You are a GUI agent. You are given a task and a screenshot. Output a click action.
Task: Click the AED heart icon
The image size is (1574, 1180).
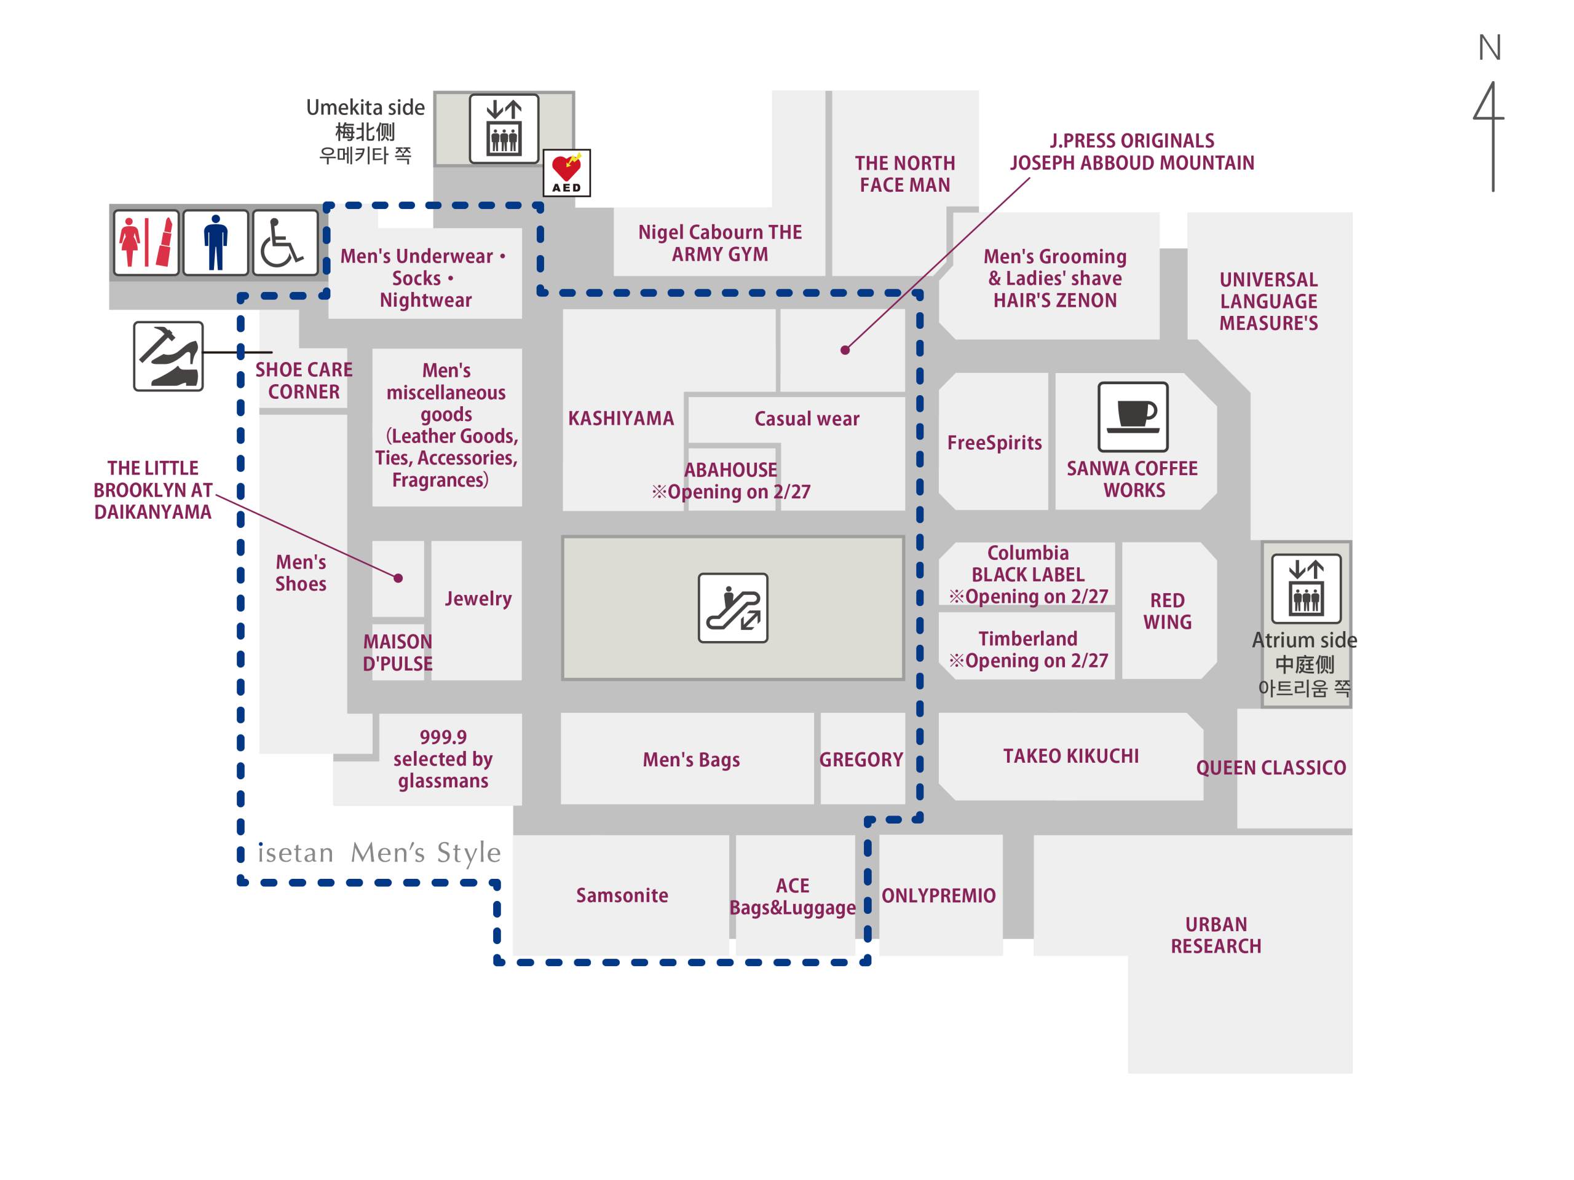click(x=566, y=173)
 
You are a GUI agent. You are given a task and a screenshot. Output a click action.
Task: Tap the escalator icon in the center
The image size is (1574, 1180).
click(x=733, y=608)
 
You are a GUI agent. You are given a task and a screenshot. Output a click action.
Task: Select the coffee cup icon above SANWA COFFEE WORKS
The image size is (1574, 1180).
click(x=1133, y=417)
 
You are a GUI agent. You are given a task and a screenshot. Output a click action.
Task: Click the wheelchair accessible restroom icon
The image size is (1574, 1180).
click(x=285, y=243)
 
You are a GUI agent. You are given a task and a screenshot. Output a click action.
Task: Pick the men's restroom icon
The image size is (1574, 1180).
click(x=216, y=243)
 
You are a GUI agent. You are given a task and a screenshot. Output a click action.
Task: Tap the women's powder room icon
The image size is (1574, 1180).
click(x=146, y=243)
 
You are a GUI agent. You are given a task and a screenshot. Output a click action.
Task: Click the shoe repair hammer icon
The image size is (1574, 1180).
click(x=168, y=356)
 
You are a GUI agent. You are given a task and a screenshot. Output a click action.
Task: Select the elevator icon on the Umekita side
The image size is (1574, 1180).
click(x=504, y=128)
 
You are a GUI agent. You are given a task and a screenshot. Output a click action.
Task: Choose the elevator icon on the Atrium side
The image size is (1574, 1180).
click(x=1306, y=589)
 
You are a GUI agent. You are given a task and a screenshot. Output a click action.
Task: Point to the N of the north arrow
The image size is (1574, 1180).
click(x=1489, y=49)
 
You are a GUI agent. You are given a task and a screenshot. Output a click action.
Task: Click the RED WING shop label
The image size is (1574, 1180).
click(x=1167, y=611)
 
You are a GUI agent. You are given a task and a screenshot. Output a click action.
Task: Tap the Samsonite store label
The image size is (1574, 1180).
click(x=622, y=895)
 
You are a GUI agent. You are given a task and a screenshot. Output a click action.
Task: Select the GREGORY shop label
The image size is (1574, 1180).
click(x=861, y=760)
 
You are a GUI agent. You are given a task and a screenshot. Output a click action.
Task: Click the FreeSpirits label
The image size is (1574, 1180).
click(x=994, y=442)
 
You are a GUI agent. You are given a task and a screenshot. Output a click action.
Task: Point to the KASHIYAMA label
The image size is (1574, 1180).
click(x=620, y=419)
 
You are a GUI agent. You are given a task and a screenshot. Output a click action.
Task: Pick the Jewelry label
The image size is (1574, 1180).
click(x=478, y=598)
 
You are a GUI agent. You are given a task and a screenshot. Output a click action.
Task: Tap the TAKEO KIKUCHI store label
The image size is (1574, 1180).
click(x=1071, y=756)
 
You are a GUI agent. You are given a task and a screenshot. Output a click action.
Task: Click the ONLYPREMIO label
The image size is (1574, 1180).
click(x=939, y=895)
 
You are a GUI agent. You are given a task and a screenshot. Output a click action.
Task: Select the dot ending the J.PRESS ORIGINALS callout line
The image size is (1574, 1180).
click(x=845, y=350)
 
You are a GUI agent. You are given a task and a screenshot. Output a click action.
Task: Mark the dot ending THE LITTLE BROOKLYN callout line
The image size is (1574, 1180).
click(x=398, y=578)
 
